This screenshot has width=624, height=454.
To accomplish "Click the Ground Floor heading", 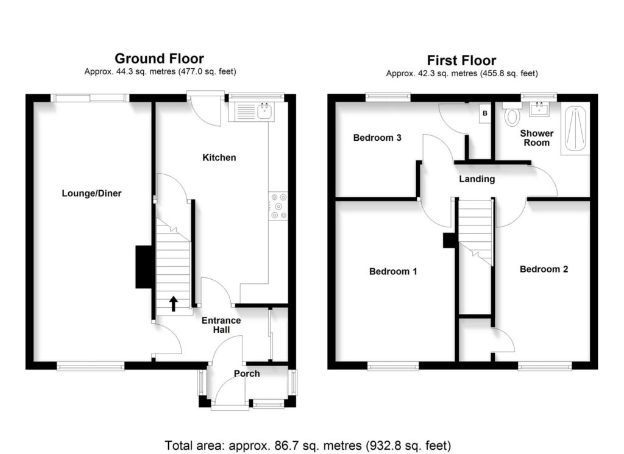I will (159, 59).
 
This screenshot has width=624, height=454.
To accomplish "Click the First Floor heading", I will (461, 60).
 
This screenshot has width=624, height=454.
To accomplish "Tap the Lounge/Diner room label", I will (91, 194).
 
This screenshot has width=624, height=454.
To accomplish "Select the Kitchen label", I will (219, 158).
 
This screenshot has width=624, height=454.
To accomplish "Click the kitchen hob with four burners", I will (278, 205).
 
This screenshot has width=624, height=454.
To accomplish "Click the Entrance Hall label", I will (221, 325).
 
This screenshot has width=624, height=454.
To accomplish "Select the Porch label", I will (247, 373).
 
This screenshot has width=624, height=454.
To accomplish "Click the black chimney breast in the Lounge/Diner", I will (143, 266).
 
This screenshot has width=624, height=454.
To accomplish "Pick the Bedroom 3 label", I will (377, 138).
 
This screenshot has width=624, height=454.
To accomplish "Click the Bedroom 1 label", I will (393, 271).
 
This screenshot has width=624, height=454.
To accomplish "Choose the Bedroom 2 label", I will (544, 269).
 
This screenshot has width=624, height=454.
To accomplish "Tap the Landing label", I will (477, 179).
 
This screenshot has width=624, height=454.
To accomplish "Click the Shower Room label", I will (536, 138).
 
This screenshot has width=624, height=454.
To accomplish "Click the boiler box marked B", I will (485, 113).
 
